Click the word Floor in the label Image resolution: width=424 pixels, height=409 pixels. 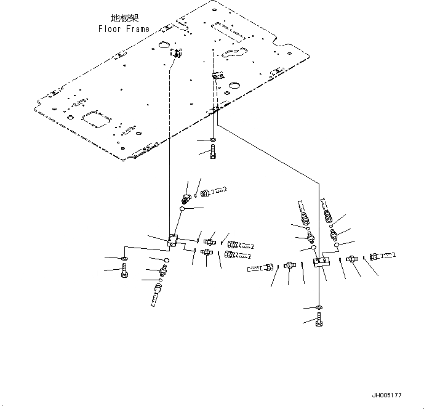tap(110, 29)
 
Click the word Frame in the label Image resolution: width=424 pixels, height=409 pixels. tap(136, 29)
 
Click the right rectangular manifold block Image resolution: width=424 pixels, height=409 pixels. tap(321, 263)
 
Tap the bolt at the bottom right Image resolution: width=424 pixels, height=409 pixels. tap(319, 321)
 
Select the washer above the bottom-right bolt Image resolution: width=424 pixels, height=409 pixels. tap(319, 307)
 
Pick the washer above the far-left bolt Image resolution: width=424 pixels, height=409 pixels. tap(125, 257)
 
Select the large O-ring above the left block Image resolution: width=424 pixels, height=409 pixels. tap(183, 209)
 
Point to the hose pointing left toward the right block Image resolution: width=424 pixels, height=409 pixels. tap(258, 268)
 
